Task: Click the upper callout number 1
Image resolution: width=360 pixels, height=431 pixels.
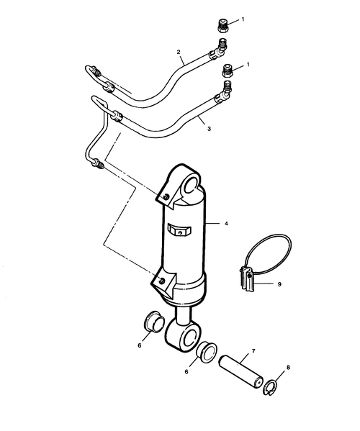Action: (x=243, y=19)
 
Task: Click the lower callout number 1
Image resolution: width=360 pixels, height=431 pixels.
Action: (x=248, y=65)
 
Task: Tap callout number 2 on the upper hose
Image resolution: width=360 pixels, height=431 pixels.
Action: (x=179, y=52)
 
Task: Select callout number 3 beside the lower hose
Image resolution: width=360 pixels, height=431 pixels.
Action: (x=209, y=129)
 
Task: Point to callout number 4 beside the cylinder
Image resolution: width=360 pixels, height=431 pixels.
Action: (x=226, y=224)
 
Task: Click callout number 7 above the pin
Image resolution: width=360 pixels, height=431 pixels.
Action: (x=253, y=351)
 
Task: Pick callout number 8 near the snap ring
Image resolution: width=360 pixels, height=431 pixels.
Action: (x=288, y=367)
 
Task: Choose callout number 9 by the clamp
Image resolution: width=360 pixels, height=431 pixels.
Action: (x=279, y=284)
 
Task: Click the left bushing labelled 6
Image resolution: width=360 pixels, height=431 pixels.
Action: (x=154, y=322)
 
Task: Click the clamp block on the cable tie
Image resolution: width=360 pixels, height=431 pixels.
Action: (x=247, y=279)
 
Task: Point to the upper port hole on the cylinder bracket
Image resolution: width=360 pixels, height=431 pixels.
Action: (x=166, y=196)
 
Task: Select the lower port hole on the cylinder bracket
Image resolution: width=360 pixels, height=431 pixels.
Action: (x=163, y=281)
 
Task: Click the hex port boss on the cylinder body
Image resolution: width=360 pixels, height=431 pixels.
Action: (x=179, y=230)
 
